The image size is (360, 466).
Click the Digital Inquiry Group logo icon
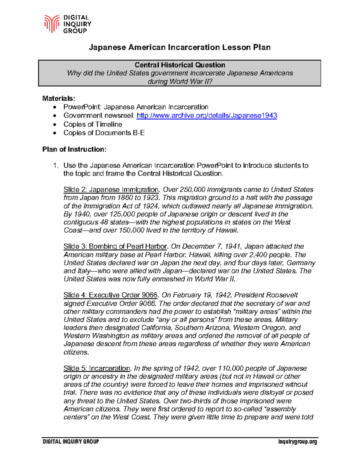coord(52,24)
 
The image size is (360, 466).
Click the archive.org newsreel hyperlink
coord(206,116)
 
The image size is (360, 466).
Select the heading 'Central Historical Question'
coord(180,65)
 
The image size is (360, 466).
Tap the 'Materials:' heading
coord(59,98)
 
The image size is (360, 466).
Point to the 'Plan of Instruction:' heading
coord(74,149)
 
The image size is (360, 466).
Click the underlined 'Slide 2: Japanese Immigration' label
coord(111,190)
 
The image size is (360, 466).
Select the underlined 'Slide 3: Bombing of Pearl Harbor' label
coord(115,246)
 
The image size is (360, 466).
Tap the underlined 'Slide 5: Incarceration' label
coord(97,368)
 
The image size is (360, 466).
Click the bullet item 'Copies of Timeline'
coord(93,124)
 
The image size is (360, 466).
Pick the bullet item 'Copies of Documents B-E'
coord(104,133)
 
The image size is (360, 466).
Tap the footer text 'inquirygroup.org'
coord(298,442)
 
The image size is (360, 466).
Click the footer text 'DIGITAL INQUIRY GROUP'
coord(71,442)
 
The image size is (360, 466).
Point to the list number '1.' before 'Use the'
coord(55,165)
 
